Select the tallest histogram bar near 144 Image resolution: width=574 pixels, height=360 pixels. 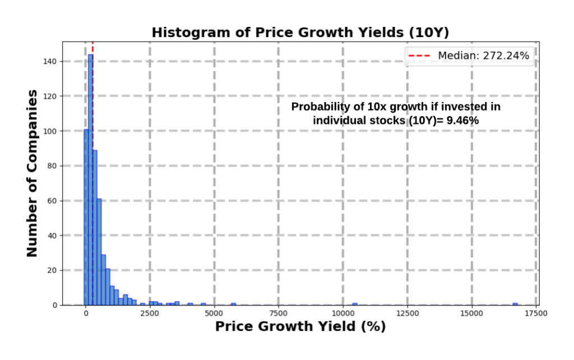tap(90, 179)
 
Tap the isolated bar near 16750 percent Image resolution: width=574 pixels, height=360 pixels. tap(515, 304)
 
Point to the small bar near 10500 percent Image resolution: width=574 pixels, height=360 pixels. tap(354, 304)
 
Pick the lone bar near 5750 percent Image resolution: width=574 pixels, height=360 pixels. tap(233, 304)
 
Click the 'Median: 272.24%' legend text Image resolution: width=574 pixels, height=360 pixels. tap(483, 55)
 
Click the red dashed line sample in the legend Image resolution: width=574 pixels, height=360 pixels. tap(420, 55)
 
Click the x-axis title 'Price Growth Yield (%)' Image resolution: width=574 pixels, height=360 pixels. tap(300, 327)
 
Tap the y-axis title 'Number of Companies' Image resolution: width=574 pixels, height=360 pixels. tap(32, 173)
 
